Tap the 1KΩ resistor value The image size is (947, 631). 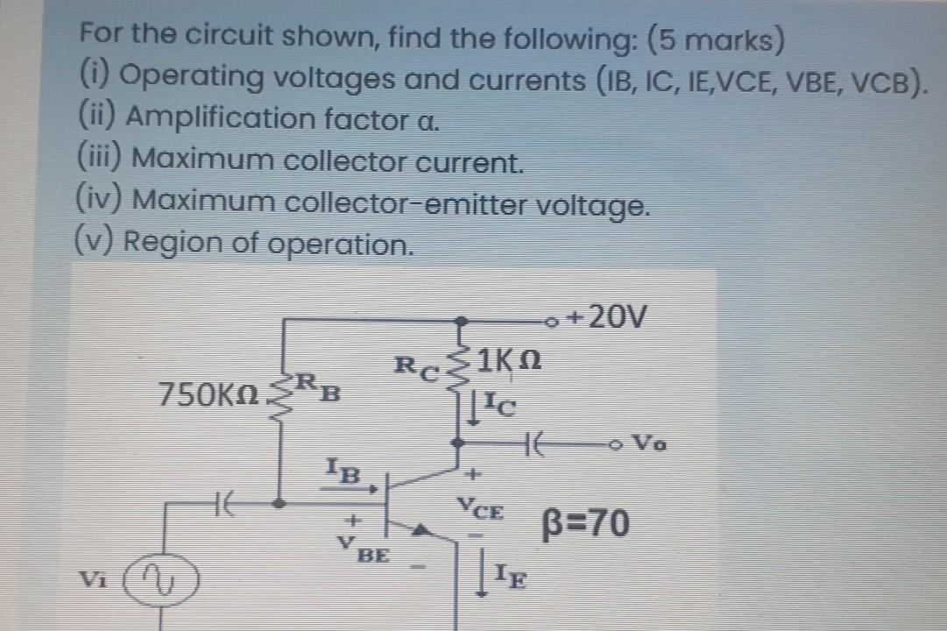[x=512, y=359]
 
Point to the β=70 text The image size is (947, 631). [x=582, y=524]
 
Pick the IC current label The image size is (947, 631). [x=505, y=406]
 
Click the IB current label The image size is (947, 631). [x=343, y=471]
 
